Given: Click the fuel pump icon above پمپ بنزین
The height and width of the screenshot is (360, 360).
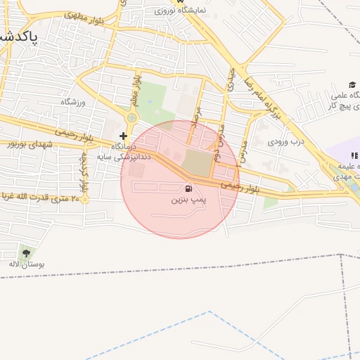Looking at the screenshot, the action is click(188, 188).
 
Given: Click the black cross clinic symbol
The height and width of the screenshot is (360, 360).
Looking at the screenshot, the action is click(124, 136).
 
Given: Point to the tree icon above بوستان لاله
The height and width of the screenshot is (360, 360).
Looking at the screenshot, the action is click(27, 252).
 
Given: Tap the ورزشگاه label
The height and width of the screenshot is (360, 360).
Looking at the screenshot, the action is click(72, 103).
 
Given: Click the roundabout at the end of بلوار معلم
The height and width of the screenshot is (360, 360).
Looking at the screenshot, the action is click(131, 117).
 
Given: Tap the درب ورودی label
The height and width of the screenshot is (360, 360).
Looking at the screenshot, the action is click(284, 141).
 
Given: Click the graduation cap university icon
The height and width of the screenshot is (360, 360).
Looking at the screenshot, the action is click(352, 85).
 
